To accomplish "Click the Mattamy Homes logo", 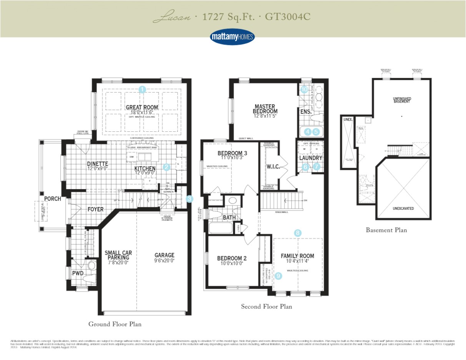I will point(233,37).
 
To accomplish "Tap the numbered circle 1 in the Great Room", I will point(142,90).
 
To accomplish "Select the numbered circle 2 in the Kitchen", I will point(166,167).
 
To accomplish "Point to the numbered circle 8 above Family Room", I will point(297,233).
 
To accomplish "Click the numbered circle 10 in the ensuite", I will point(304,90).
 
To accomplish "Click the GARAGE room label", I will point(164,255).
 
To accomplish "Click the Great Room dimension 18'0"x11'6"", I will point(142,112).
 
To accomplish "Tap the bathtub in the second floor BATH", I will point(220,228).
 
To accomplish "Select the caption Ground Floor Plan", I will point(115,324).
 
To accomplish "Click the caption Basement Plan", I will point(386,230).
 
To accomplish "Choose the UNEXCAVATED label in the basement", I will point(403,209).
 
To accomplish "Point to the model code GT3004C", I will point(288,17).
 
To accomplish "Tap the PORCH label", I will point(53,199).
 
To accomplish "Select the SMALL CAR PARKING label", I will point(118,255).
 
